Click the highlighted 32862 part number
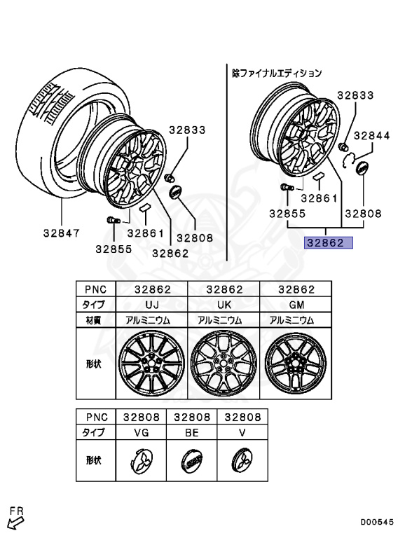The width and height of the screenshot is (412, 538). click(325, 243)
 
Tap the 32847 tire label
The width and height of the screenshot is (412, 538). click(62, 233)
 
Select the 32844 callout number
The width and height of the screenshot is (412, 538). click(372, 136)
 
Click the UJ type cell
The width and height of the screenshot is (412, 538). click(152, 305)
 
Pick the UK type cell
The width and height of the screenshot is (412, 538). click(224, 305)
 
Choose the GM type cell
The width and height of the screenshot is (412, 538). click(296, 305)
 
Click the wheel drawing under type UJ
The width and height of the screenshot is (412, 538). click(152, 364)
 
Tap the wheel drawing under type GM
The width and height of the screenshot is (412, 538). click(296, 363)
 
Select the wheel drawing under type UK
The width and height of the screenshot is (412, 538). click(224, 364)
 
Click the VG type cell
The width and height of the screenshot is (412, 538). click(141, 433)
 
